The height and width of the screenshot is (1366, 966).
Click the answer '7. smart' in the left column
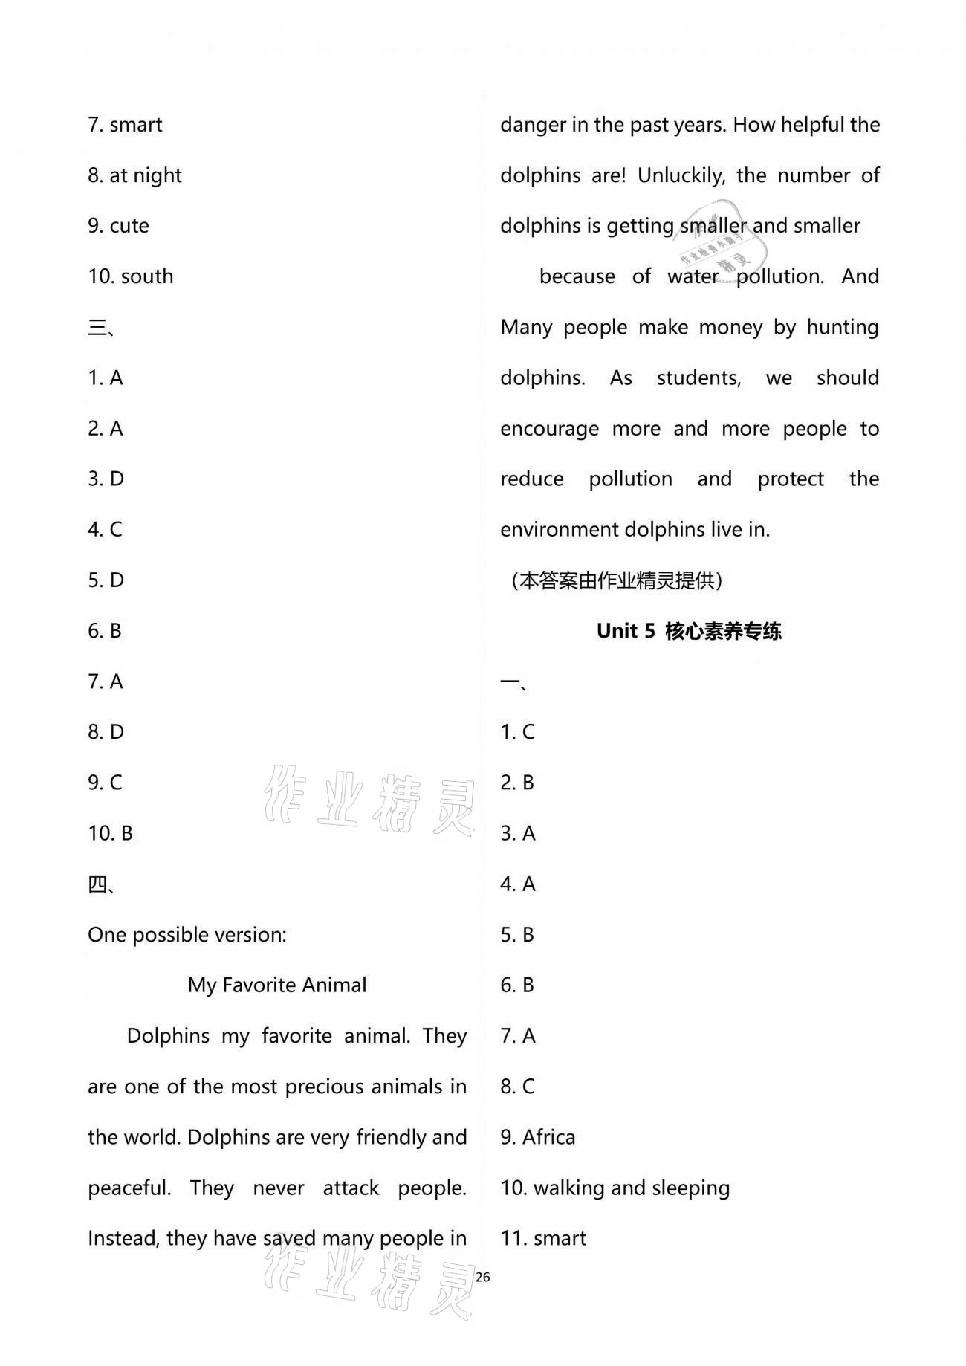tap(125, 125)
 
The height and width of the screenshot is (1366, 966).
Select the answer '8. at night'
tap(134, 175)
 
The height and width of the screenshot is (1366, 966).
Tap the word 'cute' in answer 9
tap(129, 226)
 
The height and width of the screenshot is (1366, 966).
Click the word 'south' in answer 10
tap(147, 276)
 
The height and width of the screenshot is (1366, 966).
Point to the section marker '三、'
tap(101, 327)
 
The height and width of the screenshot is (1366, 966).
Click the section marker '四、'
tap(101, 884)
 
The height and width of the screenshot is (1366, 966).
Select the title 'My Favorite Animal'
tap(277, 985)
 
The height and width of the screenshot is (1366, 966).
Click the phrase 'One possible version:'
tap(187, 935)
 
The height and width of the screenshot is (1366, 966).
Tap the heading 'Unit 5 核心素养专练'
tap(689, 631)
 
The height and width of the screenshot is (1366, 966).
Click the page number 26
tap(483, 1278)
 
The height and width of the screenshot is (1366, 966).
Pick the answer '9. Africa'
tap(538, 1137)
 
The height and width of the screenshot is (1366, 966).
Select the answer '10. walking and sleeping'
tap(615, 1188)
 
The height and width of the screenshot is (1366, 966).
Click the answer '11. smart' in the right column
tap(543, 1238)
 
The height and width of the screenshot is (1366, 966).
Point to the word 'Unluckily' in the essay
tap(681, 175)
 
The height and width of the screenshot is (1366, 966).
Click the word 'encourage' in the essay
tap(549, 429)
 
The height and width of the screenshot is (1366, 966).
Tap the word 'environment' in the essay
tap(559, 530)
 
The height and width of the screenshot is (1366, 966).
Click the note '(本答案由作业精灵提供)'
tap(617, 580)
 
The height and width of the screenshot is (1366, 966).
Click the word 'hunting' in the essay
tap(843, 328)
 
